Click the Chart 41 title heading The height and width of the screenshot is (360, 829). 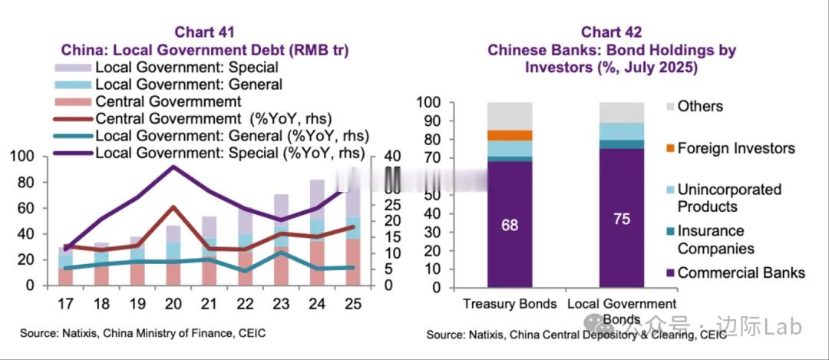(x=204, y=32)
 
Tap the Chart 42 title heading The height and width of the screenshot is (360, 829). (x=611, y=32)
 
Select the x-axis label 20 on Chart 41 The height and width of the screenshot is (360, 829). (x=173, y=302)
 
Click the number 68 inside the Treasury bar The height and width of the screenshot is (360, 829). (x=510, y=226)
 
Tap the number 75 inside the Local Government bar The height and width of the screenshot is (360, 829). (x=622, y=219)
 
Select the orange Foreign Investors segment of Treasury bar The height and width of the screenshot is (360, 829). (x=510, y=135)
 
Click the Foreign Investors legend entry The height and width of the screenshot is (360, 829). (x=735, y=148)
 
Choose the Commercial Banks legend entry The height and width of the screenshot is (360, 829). (x=741, y=272)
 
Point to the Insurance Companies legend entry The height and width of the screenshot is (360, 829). (x=715, y=239)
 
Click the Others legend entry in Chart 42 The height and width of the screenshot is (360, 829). (x=700, y=106)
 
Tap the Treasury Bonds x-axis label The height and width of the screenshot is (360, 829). (x=510, y=304)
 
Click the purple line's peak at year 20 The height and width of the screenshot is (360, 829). (x=173, y=166)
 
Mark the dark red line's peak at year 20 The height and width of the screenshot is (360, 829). (x=173, y=207)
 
